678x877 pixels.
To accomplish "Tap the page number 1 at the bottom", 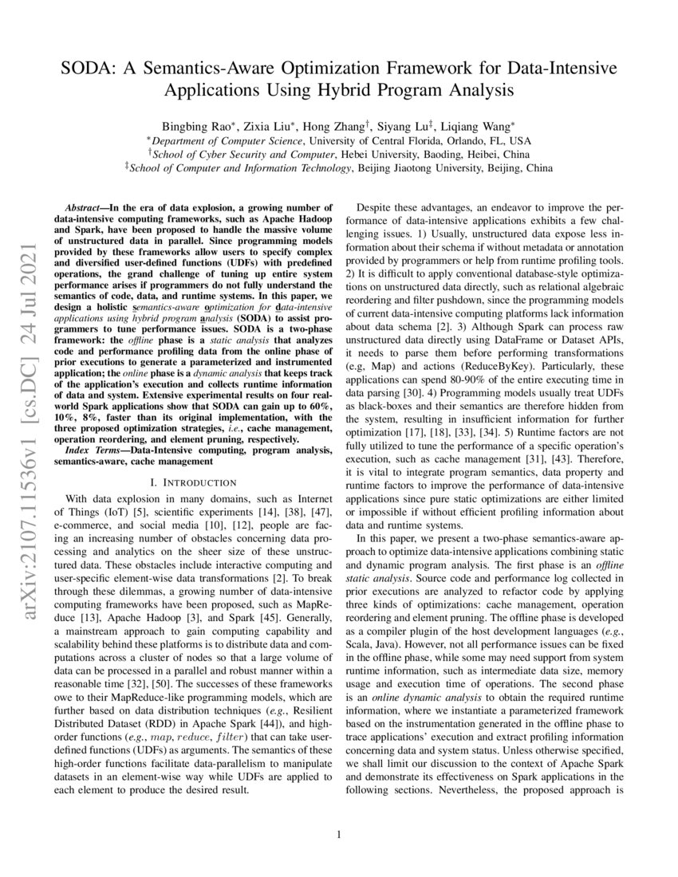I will point(339,835).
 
